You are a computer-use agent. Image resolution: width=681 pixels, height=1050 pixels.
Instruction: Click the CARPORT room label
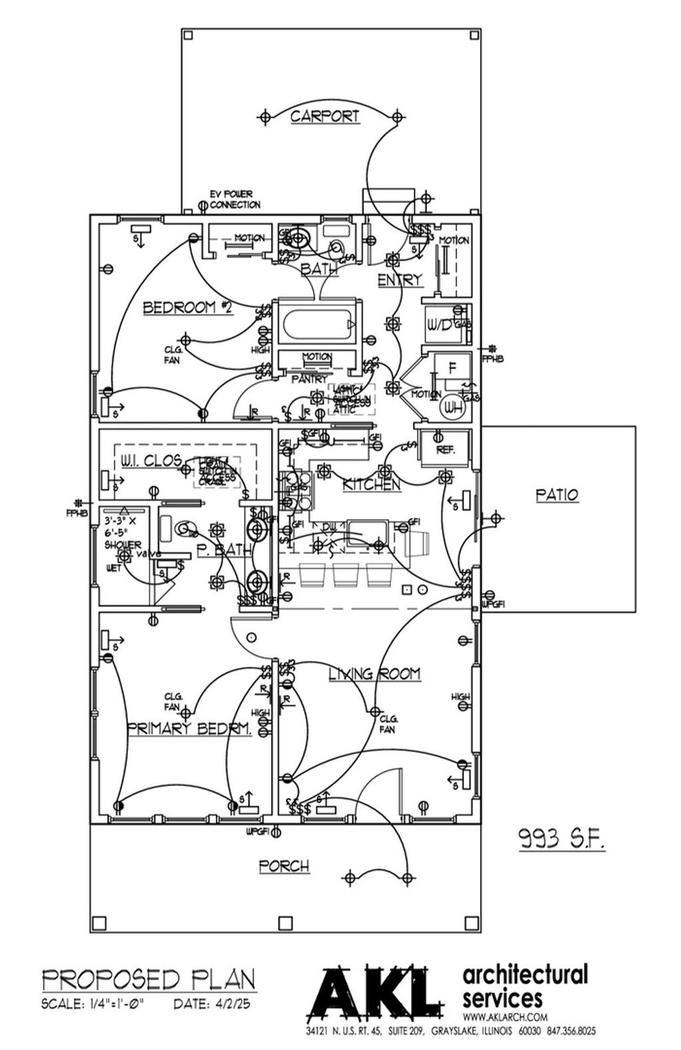tap(325, 116)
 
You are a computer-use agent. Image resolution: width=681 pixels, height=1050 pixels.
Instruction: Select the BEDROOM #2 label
tap(188, 307)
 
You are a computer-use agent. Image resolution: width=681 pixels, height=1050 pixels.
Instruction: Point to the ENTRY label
tap(400, 280)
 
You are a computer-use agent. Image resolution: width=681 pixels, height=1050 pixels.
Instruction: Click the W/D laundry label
tap(440, 325)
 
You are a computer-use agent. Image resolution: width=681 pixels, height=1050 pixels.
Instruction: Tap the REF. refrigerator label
tap(445, 450)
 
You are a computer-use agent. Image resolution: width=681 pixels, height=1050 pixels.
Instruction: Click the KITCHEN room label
tap(371, 485)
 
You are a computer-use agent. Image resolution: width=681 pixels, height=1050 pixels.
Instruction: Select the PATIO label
tap(557, 495)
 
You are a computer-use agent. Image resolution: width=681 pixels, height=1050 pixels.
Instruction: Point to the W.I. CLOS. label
tap(152, 460)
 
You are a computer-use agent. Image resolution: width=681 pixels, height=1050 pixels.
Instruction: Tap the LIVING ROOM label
tap(374, 674)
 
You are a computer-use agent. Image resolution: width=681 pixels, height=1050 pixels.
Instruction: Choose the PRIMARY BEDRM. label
tap(190, 729)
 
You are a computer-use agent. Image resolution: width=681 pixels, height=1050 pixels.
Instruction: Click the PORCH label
tap(284, 866)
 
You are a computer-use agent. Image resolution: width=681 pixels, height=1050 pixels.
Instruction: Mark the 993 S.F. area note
tap(561, 840)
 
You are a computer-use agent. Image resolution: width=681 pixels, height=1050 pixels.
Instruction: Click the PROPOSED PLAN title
tap(148, 979)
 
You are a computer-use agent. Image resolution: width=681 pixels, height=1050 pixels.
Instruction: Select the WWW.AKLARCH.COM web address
tap(505, 1017)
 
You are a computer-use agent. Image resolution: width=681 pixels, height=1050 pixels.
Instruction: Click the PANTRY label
tap(309, 379)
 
